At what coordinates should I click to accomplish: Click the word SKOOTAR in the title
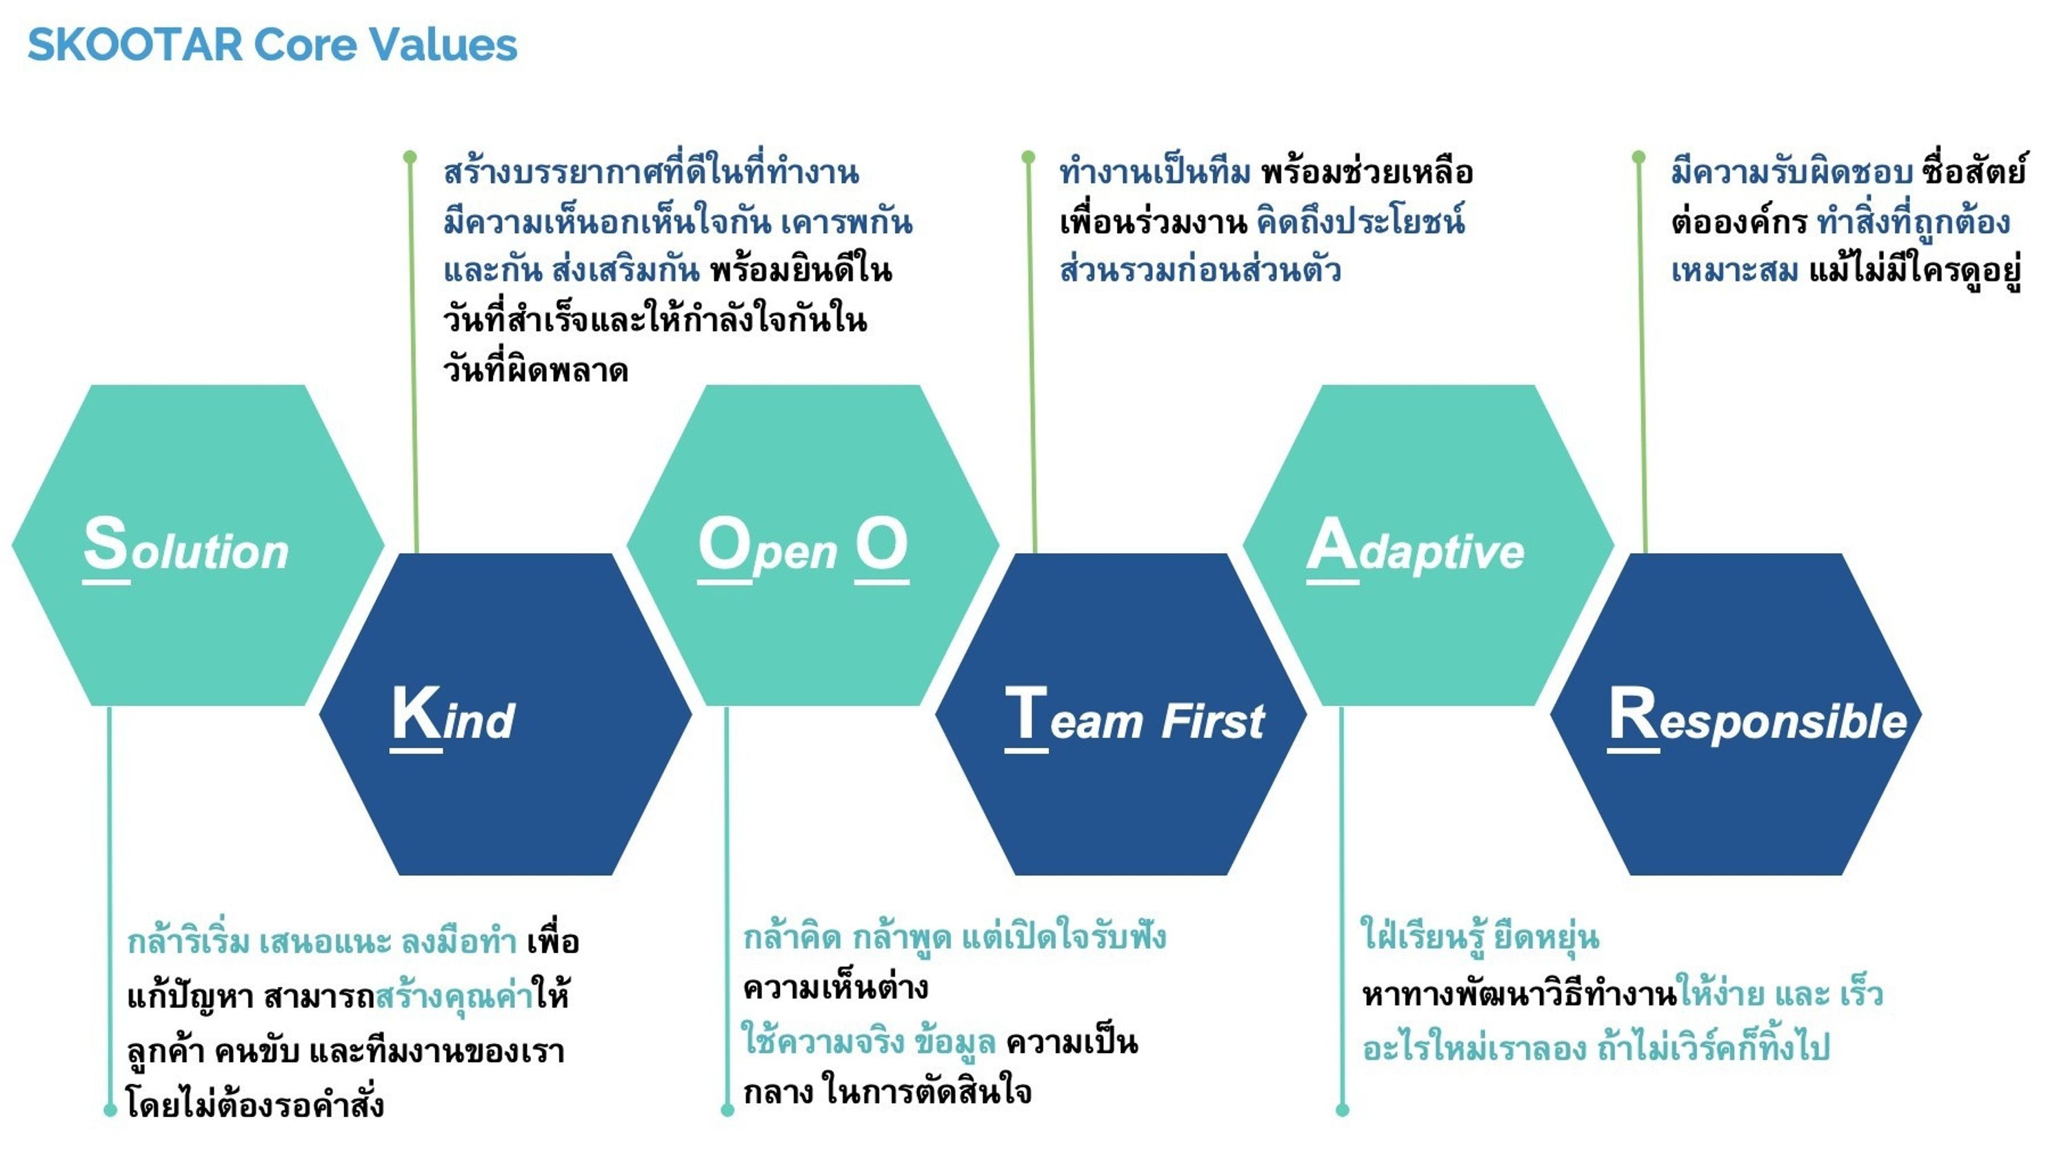point(134,44)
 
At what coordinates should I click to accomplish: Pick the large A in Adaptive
point(1331,545)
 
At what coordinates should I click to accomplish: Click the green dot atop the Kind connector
point(410,157)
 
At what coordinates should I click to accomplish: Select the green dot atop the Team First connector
point(1028,157)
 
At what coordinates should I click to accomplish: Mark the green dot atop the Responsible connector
point(1638,157)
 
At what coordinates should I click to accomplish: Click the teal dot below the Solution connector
point(110,1110)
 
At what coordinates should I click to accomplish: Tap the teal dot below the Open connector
point(727,1110)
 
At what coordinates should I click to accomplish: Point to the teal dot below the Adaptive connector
point(1342,1110)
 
